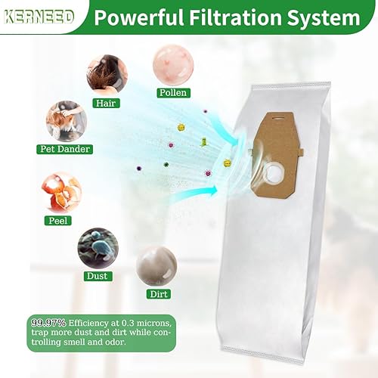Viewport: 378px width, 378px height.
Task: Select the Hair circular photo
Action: tap(107, 74)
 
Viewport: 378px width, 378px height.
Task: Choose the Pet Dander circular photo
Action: tap(64, 120)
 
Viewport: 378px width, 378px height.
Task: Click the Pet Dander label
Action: tap(64, 150)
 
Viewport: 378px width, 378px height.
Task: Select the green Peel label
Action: tap(60, 221)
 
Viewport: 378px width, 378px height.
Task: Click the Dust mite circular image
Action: tap(97, 247)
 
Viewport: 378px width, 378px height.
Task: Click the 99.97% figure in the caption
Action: tap(48, 321)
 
